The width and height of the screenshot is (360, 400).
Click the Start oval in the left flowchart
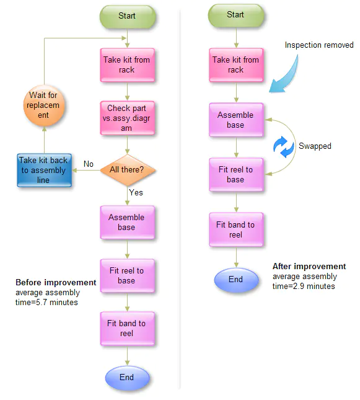pos(126,16)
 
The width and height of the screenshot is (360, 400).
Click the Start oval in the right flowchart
pos(235,15)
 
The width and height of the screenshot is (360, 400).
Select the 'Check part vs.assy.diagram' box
pos(126,118)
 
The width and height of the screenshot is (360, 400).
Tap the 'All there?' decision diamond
pos(126,169)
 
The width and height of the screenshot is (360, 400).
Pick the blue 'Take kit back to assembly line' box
pos(42,170)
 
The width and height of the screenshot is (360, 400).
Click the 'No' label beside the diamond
pos(89,164)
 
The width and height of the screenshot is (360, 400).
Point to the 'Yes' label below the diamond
pos(136,192)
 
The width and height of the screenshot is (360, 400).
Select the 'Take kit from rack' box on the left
pos(126,65)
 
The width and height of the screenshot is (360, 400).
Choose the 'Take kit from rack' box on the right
pos(235,65)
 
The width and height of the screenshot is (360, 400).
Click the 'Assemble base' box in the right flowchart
pos(235,120)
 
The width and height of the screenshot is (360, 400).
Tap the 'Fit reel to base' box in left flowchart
pos(126,275)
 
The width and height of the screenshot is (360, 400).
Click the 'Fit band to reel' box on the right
pos(235,229)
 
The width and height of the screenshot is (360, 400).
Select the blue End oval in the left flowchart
pos(126,377)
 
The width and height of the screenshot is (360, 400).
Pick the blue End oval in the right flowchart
pos(235,280)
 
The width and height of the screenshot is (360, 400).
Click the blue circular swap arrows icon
pos(282,146)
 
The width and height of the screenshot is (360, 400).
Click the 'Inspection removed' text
pos(318,45)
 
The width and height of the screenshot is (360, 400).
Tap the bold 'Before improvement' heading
pos(56,283)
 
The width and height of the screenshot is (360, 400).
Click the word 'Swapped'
pos(315,146)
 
